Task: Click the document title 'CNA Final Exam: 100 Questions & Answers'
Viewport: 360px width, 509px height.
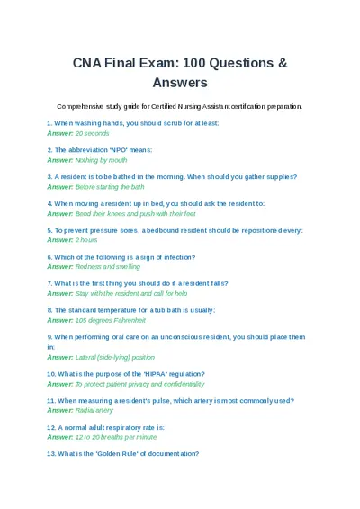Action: [180, 72]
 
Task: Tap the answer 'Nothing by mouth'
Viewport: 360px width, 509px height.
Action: [100, 159]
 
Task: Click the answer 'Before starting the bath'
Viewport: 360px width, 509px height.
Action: [110, 186]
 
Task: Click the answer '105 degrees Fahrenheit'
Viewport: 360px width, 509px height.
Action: [110, 320]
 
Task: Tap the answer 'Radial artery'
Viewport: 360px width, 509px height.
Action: [94, 410]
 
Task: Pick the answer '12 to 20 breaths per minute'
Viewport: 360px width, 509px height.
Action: [115, 436]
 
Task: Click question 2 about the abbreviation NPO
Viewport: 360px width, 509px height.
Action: [99, 149]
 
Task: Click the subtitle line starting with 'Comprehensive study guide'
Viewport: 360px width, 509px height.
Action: [180, 105]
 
